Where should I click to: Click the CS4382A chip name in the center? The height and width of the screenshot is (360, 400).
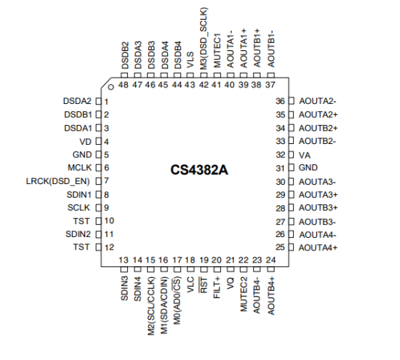click(199, 170)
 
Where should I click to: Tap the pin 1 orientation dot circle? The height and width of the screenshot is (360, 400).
click(111, 87)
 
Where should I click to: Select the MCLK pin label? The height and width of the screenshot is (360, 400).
click(79, 167)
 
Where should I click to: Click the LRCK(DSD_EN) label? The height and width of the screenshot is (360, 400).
click(58, 181)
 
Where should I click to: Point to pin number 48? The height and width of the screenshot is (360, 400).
click(124, 84)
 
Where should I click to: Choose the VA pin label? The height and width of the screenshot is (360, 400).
click(305, 155)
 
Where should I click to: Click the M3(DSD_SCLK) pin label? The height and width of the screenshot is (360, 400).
click(204, 39)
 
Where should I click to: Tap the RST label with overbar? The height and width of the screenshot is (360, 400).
click(204, 285)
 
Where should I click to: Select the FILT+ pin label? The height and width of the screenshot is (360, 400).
click(217, 287)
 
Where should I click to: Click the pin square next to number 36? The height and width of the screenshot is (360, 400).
click(292, 101)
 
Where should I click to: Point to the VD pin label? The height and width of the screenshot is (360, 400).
click(86, 142)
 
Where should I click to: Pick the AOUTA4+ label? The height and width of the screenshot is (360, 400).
click(318, 247)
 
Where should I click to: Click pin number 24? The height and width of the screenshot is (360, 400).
click(271, 260)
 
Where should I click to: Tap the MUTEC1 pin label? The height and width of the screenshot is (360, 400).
click(217, 50)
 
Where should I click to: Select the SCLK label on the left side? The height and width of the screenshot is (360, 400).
click(79, 208)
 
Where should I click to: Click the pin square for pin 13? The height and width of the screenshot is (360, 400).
click(124, 269)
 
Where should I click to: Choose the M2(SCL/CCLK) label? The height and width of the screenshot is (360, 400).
click(151, 306)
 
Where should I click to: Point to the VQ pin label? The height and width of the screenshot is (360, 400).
click(231, 283)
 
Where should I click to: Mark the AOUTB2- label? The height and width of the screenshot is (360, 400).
click(317, 141)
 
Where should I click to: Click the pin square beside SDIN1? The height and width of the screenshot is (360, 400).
click(98, 195)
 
